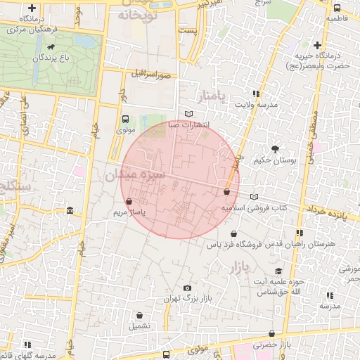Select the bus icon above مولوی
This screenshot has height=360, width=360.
coord(125,119)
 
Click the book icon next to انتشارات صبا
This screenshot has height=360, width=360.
coord(188,114)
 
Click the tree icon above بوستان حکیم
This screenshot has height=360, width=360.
coord(275,148)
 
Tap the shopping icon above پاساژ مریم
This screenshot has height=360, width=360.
coord(128,201)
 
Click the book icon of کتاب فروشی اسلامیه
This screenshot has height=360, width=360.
coord(254,197)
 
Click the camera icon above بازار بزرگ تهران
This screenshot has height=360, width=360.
coord(187,288)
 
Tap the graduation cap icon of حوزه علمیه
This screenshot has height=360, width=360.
coord(278,271)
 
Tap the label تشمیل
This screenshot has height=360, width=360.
coord(139,326)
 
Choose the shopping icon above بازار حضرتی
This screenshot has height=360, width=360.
coord(271,333)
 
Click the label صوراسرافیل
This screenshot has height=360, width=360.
coord(150,73)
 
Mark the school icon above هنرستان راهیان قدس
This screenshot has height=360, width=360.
coord(300,233)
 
